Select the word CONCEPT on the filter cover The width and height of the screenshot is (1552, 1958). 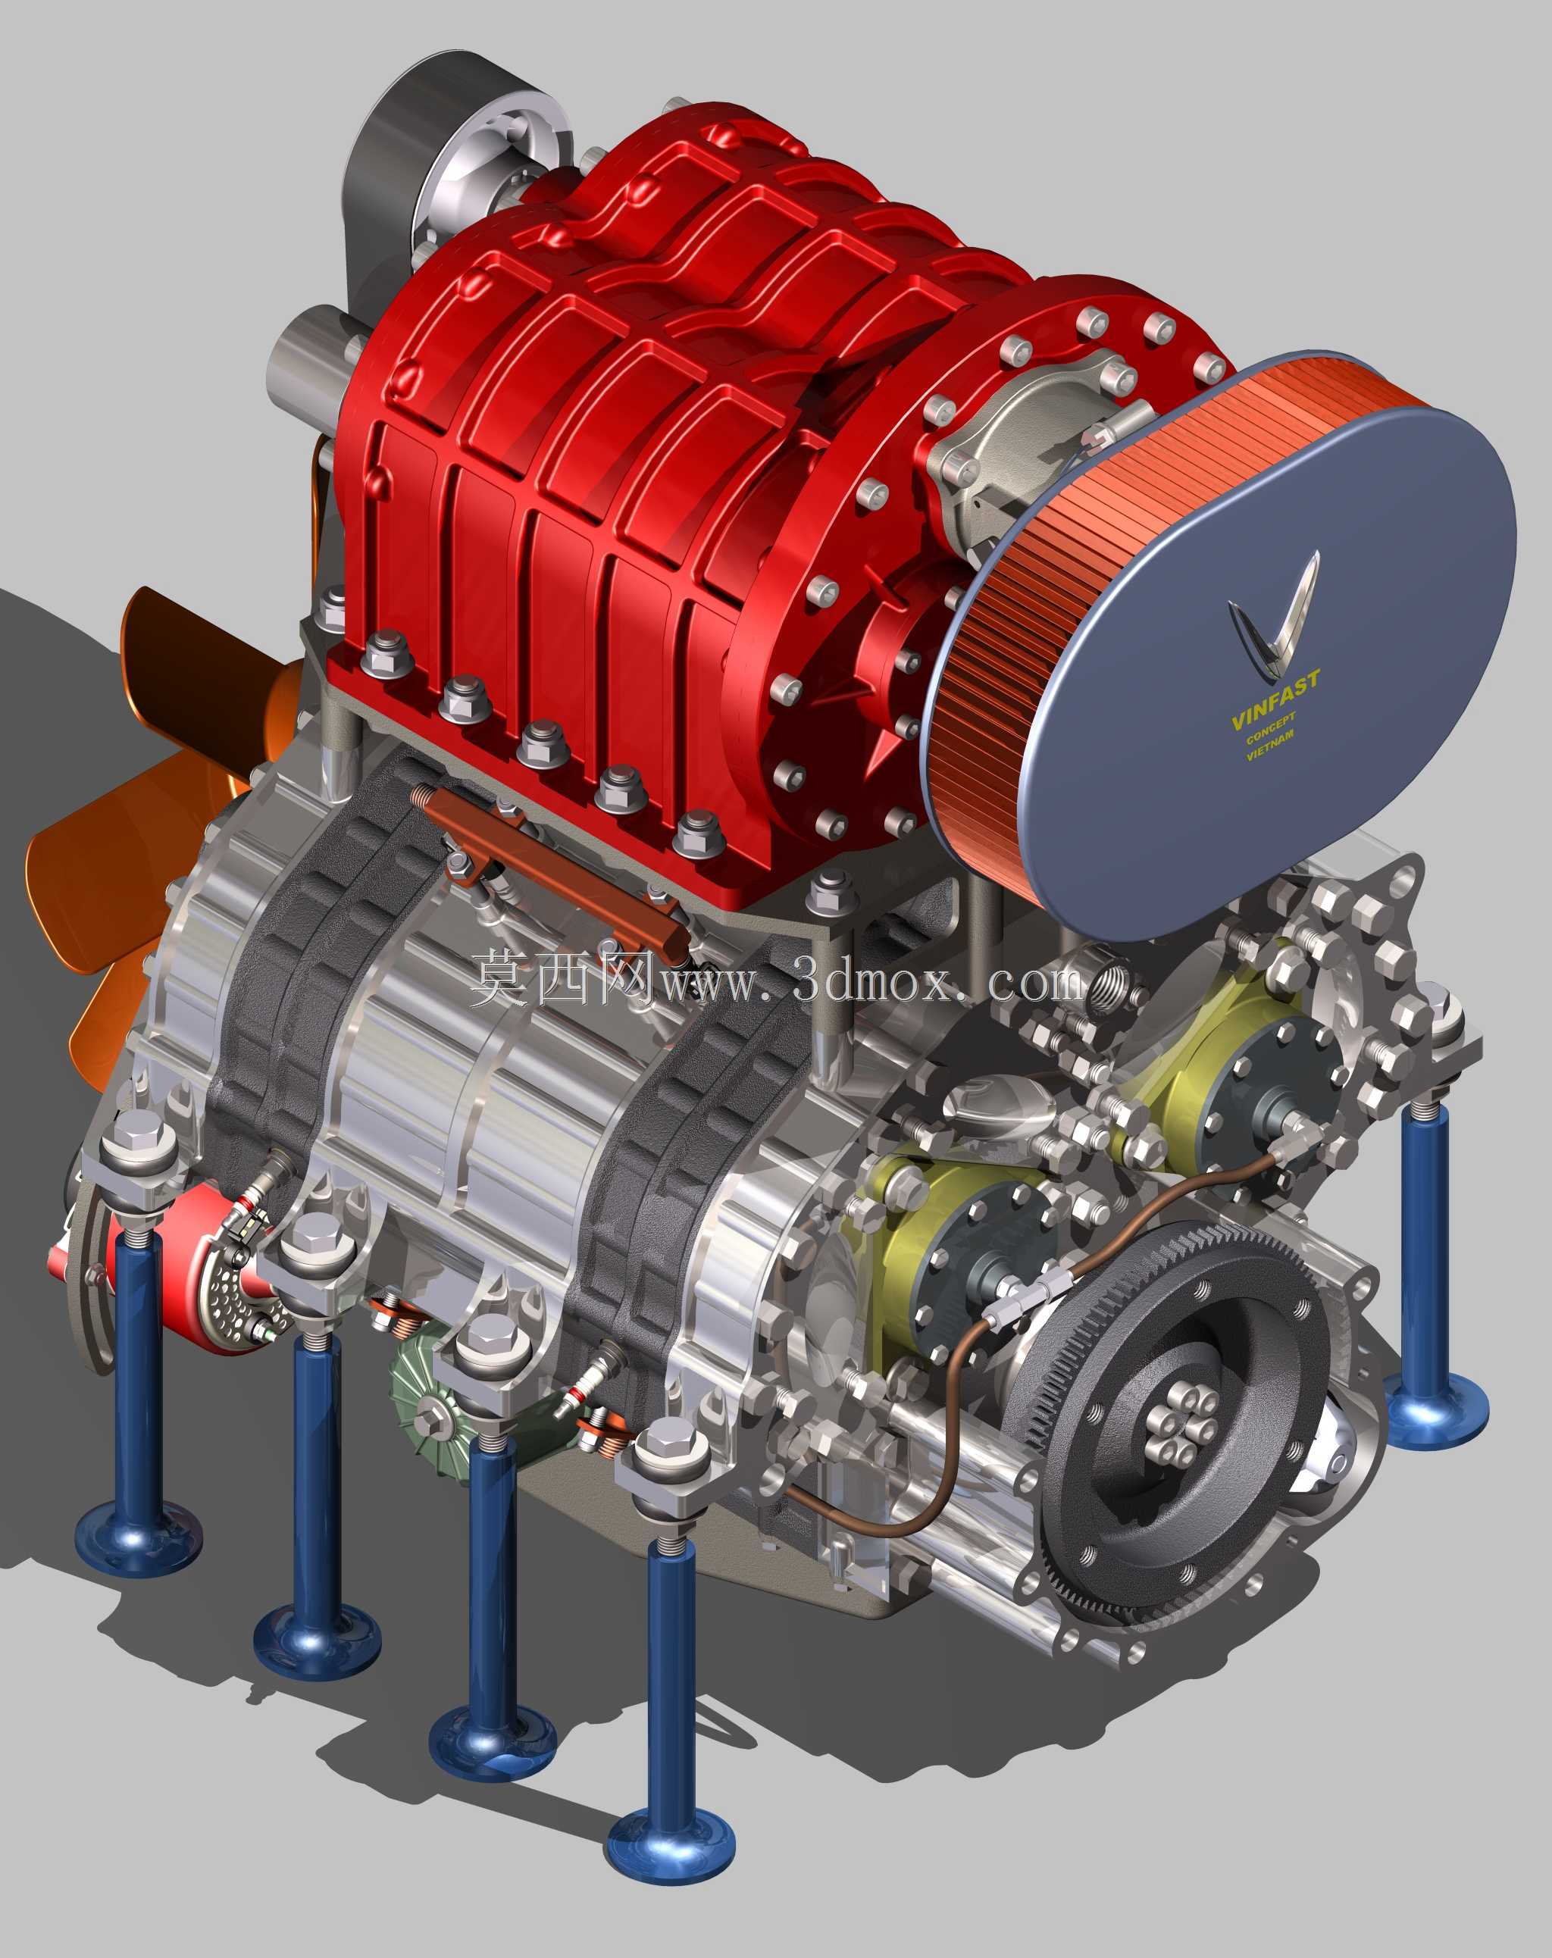(x=1271, y=728)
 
